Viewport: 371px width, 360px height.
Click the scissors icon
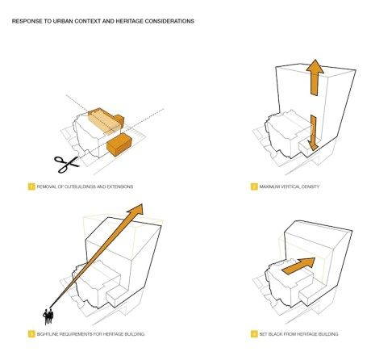pos(67,164)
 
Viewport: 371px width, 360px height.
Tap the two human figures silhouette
pos(48,316)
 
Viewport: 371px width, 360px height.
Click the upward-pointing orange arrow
pos(315,77)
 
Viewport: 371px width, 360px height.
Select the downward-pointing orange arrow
pos(313,132)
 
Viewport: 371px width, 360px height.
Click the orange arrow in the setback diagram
pos(299,266)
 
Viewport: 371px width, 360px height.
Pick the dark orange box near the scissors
pos(119,144)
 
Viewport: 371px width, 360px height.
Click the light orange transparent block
pos(104,121)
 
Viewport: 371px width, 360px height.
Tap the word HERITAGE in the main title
pos(129,21)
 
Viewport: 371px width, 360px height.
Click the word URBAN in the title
pos(63,21)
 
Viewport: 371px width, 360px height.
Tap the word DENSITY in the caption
pos(311,186)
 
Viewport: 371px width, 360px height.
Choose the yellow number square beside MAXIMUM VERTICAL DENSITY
pos(254,186)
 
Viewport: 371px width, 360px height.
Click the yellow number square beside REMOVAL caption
pos(31,186)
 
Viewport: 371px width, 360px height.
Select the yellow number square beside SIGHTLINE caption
pos(31,334)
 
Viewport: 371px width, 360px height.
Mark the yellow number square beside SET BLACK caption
pos(254,334)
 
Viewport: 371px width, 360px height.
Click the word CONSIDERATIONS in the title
pos(169,21)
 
